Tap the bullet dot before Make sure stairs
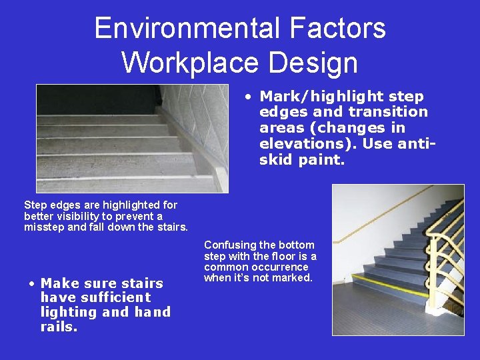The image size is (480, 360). click(32, 283)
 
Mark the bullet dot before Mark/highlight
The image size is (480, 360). click(247, 97)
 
